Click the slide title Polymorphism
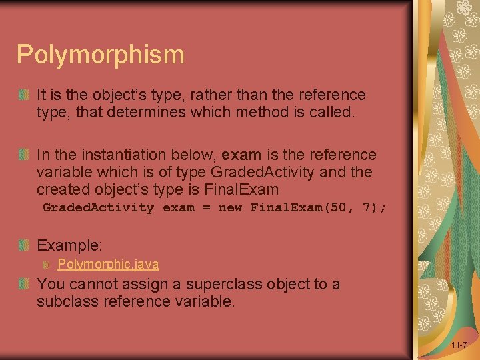click(x=100, y=55)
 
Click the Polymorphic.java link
click(x=108, y=264)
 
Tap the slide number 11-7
click(x=459, y=345)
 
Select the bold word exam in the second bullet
click(x=241, y=155)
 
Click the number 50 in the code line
click(x=338, y=207)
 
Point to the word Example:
click(x=69, y=245)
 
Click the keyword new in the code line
click(x=230, y=207)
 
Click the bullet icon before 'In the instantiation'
click(x=24, y=155)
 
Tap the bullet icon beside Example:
click(x=24, y=245)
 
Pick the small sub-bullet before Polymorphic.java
click(x=46, y=265)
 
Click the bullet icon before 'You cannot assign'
click(x=24, y=285)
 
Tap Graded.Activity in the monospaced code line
click(x=98, y=207)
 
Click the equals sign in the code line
click(x=206, y=207)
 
